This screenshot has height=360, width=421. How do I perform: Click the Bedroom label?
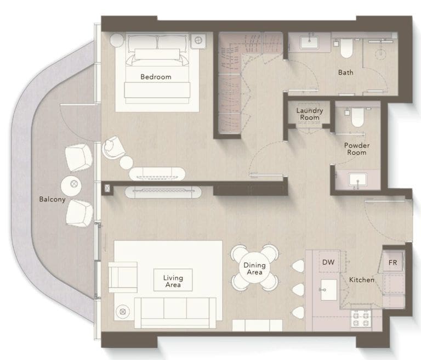pos(156,77)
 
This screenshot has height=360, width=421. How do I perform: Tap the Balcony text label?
pos(52,199)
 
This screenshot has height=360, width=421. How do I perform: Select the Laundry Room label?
pos(310,114)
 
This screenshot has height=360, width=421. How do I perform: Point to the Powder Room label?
pos(356,149)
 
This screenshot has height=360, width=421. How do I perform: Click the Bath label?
pos(345,72)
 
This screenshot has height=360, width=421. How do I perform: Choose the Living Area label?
pos(173,282)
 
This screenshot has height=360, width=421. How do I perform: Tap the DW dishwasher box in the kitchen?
pos(328,262)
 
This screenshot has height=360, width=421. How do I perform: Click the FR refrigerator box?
pos(393,262)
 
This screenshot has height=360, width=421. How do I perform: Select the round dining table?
pos(254,268)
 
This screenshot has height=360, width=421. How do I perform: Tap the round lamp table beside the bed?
pos(117,40)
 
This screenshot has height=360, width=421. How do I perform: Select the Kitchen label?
pos(362,280)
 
